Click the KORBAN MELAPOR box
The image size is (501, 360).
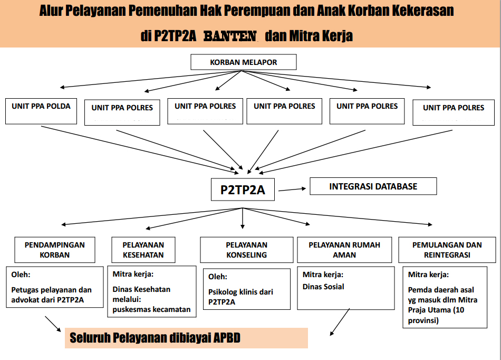[x=243, y=62]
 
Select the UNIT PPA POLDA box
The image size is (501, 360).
[x=41, y=111]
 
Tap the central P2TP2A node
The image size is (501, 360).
[x=243, y=190]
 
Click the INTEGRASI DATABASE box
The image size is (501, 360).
[x=373, y=186]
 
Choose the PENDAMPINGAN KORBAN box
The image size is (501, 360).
[x=54, y=250]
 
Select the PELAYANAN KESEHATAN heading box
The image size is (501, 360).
[x=143, y=250]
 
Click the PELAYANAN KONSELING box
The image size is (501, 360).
[x=246, y=250]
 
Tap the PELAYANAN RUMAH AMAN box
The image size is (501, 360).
[x=344, y=250]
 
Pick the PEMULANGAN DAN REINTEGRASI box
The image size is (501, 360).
[x=447, y=250]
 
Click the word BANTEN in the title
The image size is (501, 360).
[x=230, y=36]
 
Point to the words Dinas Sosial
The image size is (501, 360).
[x=323, y=287]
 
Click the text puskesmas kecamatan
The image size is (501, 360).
[x=151, y=309]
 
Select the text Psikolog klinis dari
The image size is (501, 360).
[x=240, y=292]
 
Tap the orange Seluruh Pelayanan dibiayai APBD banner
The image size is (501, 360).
[x=186, y=338]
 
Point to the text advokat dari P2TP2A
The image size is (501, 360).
[x=49, y=300]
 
